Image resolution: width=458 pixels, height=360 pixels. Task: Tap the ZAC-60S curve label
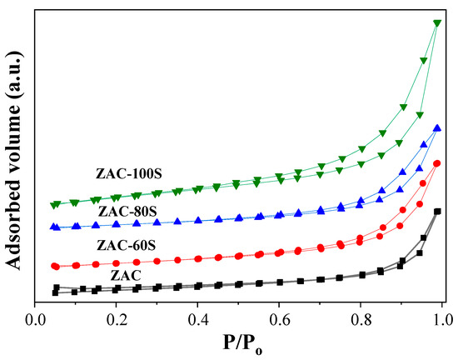(132, 246)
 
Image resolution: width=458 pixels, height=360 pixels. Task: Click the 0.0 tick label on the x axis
(36, 318)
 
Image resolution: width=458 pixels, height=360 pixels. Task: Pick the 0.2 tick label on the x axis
(117, 318)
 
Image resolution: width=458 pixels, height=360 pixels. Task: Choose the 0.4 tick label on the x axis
(198, 318)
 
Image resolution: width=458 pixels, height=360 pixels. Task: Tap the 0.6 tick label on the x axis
(280, 318)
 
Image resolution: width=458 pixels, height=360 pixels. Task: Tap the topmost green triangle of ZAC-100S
(437, 23)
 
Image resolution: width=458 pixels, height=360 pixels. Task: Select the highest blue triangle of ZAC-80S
(437, 127)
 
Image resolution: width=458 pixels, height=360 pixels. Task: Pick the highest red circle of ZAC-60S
(437, 163)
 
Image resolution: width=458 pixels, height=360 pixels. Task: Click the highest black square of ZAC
(437, 212)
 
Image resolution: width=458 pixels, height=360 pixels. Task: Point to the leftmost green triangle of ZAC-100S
(56, 204)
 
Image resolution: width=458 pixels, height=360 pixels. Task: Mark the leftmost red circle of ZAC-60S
(56, 266)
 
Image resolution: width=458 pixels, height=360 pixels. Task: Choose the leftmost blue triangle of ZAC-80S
(56, 227)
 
